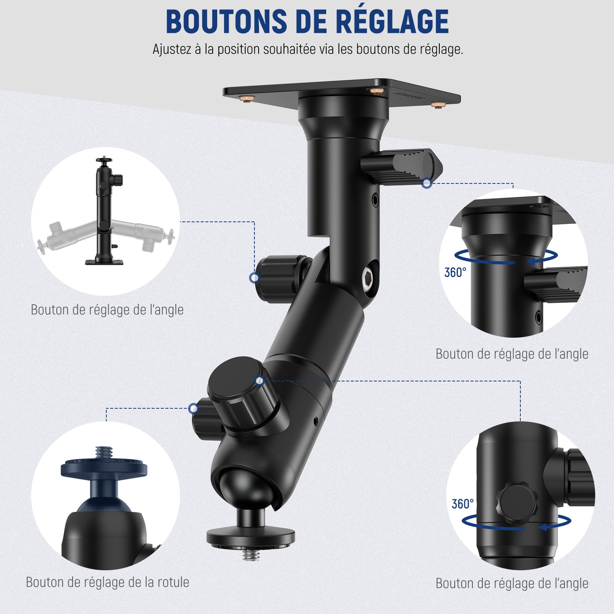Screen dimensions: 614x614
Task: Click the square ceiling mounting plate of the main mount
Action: coord(342,92)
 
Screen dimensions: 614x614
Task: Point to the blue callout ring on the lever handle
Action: coord(427,183)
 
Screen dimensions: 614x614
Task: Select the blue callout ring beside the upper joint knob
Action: coord(254,277)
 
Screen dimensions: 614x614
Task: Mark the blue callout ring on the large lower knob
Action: coord(259,381)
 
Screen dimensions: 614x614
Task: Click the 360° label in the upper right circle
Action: coord(455,272)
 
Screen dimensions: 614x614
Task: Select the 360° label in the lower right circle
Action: coord(462,504)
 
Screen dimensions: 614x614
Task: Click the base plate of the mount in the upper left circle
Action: coord(104,262)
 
